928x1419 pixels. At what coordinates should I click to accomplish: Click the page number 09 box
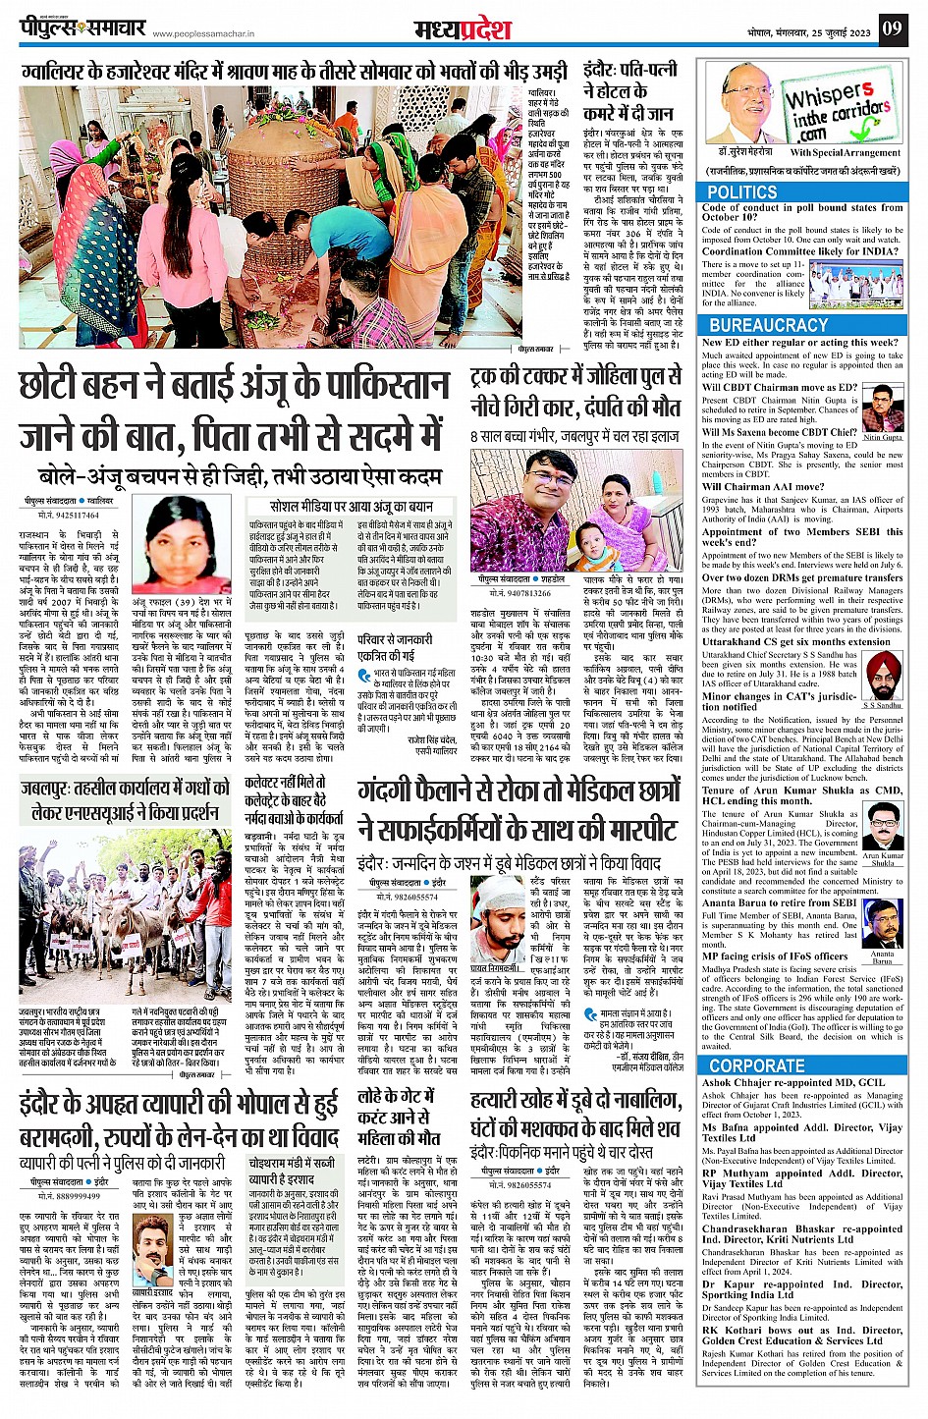[891, 27]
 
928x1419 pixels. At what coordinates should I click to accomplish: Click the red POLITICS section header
[742, 192]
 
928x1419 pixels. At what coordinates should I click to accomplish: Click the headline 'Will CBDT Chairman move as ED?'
[780, 387]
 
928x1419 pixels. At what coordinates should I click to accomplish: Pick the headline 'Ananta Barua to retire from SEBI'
[779, 902]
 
